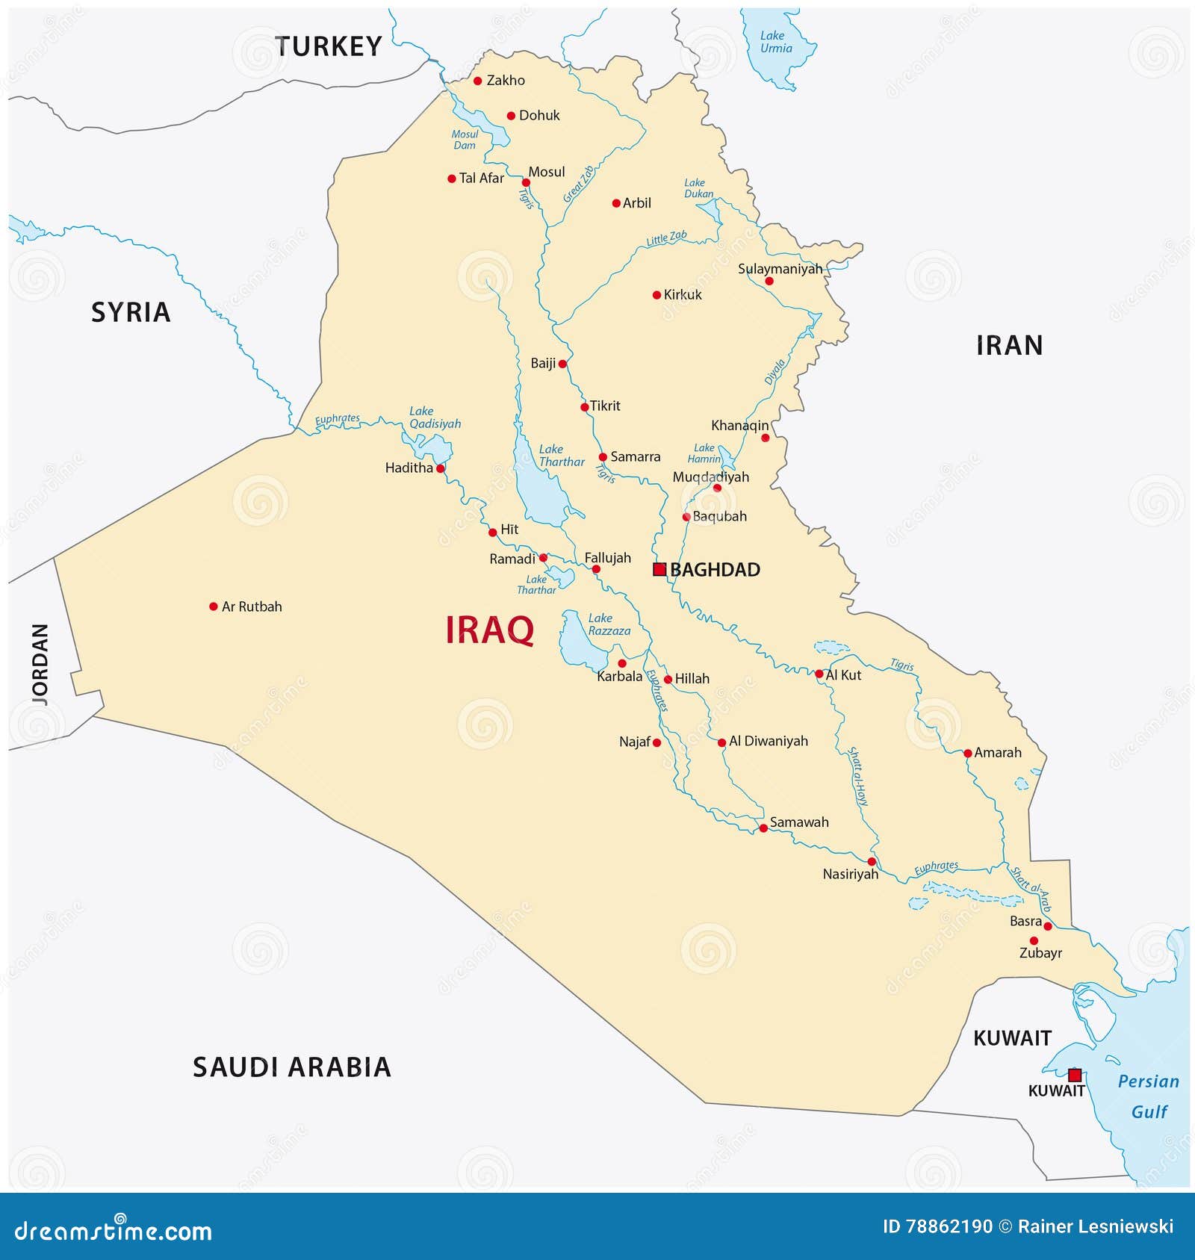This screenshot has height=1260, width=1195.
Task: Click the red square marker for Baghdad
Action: click(659, 569)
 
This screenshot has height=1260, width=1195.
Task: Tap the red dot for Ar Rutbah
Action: click(214, 606)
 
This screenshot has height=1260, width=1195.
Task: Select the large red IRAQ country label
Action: click(489, 630)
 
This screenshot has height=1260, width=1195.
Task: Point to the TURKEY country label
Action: click(329, 46)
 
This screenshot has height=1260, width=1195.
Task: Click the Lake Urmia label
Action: click(775, 42)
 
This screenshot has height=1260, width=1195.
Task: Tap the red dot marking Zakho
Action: click(478, 81)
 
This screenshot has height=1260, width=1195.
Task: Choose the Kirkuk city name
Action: click(683, 295)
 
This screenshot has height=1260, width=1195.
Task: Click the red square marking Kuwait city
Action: click(1074, 1075)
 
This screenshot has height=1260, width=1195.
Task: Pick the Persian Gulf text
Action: click(1149, 1096)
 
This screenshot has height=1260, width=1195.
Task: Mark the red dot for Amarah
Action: click(968, 754)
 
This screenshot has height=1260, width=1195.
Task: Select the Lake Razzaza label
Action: click(609, 624)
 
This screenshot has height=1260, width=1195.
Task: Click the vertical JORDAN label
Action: click(40, 664)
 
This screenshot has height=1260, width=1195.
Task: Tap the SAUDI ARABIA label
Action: click(292, 1067)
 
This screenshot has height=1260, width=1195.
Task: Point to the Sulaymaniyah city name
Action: click(780, 269)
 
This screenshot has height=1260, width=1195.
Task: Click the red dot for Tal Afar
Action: click(452, 179)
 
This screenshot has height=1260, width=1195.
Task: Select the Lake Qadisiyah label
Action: click(435, 418)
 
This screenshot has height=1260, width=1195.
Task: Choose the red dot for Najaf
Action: click(657, 742)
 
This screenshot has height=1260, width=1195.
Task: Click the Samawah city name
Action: click(799, 822)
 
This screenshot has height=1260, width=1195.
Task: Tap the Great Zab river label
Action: click(579, 184)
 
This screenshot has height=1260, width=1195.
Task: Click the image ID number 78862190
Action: click(949, 1226)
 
